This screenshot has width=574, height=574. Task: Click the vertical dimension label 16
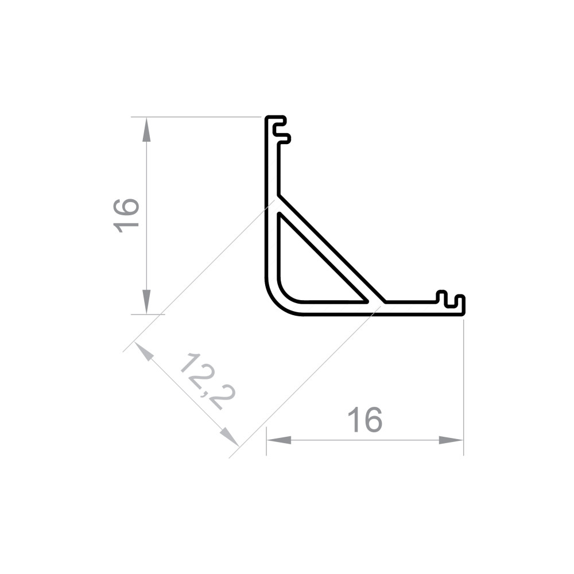click(127, 215)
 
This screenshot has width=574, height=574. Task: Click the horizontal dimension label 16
click(365, 420)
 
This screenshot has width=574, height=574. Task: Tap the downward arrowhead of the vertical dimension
click(147, 302)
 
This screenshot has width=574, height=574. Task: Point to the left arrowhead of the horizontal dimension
click(279, 440)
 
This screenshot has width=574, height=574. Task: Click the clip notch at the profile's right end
click(451, 301)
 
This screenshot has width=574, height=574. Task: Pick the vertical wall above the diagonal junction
click(273, 166)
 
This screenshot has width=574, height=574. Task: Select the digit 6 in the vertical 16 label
click(127, 205)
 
